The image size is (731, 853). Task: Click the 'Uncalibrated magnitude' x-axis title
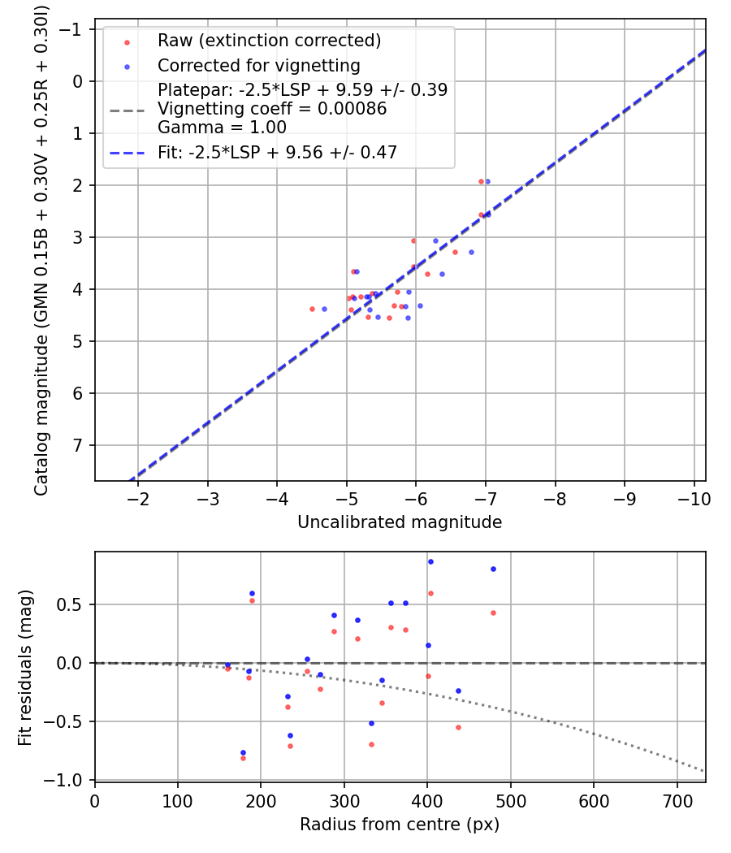(x=400, y=522)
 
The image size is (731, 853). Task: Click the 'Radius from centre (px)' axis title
(x=400, y=825)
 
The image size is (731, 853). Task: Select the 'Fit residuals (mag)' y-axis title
(x=25, y=666)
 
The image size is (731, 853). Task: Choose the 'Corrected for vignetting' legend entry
(x=259, y=65)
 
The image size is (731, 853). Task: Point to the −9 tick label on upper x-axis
(x=625, y=496)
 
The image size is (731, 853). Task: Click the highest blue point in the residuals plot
(x=430, y=561)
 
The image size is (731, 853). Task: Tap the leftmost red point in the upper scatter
(x=312, y=309)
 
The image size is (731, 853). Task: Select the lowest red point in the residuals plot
(x=243, y=758)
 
